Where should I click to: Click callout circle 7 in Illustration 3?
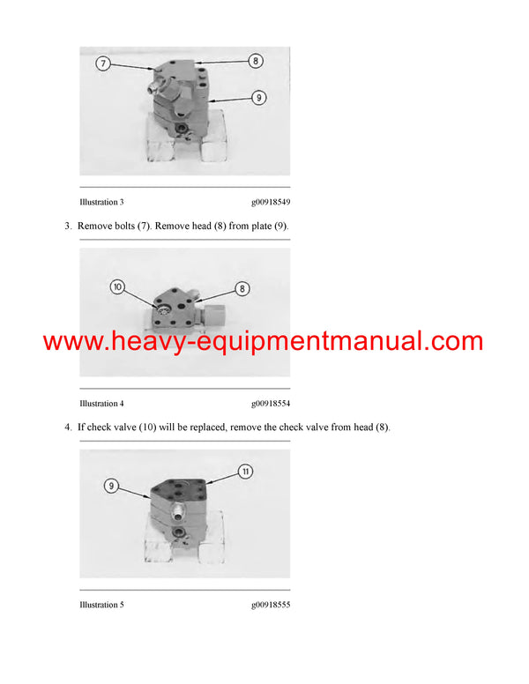[103, 63]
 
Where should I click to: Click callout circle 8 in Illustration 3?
[255, 62]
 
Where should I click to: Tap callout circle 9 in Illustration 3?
[258, 98]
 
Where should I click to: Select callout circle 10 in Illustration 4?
[118, 286]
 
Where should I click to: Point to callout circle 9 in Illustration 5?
[111, 486]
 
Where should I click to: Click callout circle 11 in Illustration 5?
[246, 472]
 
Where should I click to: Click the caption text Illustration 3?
[101, 202]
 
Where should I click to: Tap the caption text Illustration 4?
[101, 404]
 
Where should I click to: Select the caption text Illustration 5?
[101, 606]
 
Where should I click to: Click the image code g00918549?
[270, 202]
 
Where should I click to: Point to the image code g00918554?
[270, 404]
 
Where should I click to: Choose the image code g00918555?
[270, 606]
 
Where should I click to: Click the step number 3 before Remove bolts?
[67, 227]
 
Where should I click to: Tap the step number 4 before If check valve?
[67, 427]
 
